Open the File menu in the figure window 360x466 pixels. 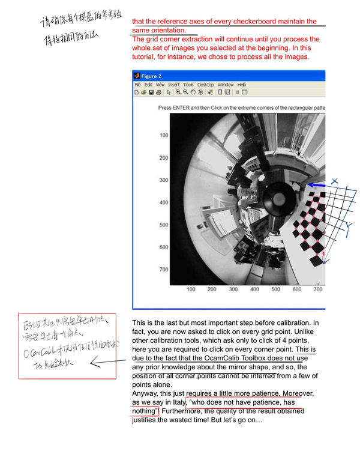click(137, 85)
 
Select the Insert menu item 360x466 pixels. click(173, 85)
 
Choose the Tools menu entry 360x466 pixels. click(188, 85)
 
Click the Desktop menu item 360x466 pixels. click(205, 85)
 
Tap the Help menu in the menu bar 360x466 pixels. click(242, 85)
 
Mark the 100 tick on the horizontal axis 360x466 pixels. click(191, 289)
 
